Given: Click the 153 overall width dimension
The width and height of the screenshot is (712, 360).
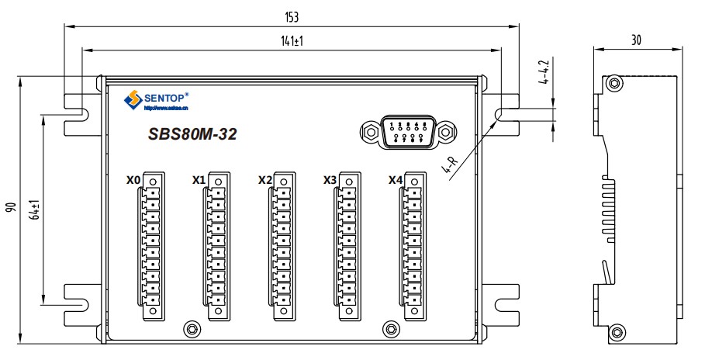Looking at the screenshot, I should point(292,16).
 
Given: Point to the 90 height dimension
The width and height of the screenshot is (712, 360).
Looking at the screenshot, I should point(11,208).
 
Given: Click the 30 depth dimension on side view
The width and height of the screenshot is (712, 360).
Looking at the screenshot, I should point(636,39).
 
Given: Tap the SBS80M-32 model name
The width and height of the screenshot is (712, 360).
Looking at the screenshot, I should point(192,134).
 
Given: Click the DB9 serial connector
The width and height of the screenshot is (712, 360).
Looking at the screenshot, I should point(406,132).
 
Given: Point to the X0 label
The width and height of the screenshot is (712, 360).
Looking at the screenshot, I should point(133,180).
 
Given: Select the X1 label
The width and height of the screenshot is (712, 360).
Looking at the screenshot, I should point(199,180).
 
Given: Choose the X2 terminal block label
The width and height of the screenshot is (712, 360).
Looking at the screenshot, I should point(265,180).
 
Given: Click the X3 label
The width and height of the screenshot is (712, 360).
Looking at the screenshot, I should point(330,180).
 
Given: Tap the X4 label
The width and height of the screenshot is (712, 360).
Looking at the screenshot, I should point(396,180).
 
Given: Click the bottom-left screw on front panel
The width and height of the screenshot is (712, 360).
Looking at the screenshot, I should point(190,328).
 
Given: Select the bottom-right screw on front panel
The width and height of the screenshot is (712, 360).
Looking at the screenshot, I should point(390,328).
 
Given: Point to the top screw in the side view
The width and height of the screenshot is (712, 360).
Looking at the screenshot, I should point(614,82).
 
